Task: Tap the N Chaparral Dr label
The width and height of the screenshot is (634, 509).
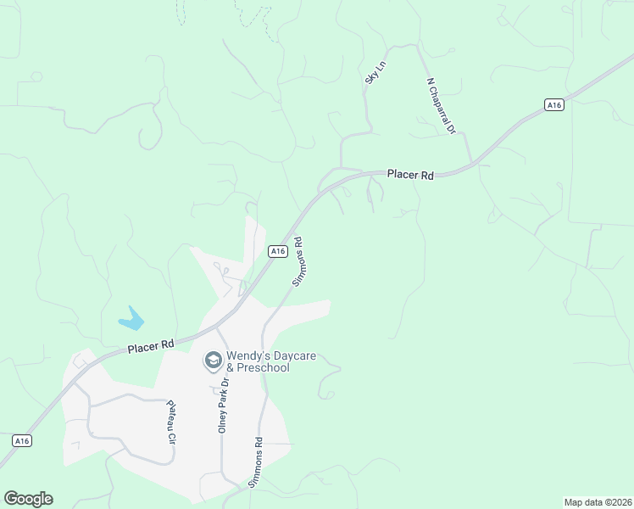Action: point(442,106)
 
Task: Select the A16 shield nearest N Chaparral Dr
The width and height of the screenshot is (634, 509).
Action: point(553,104)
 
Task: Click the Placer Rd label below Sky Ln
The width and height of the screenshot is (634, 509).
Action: point(410,175)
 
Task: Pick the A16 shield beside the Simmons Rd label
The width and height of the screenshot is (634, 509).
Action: point(277,251)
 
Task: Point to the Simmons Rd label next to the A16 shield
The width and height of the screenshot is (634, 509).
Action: point(298,260)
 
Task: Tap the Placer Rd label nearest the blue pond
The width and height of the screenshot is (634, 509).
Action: point(151,346)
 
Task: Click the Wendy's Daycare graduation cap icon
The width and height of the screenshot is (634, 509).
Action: point(213,361)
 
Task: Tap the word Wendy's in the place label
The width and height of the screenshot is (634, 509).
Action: point(247,356)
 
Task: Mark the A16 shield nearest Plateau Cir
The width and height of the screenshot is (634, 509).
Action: point(22,440)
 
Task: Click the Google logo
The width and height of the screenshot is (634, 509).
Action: point(28,499)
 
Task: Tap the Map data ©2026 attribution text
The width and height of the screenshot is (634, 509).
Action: point(598,502)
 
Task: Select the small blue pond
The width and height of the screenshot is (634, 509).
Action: point(131,320)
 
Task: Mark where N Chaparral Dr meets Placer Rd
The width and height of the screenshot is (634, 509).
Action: point(473,164)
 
